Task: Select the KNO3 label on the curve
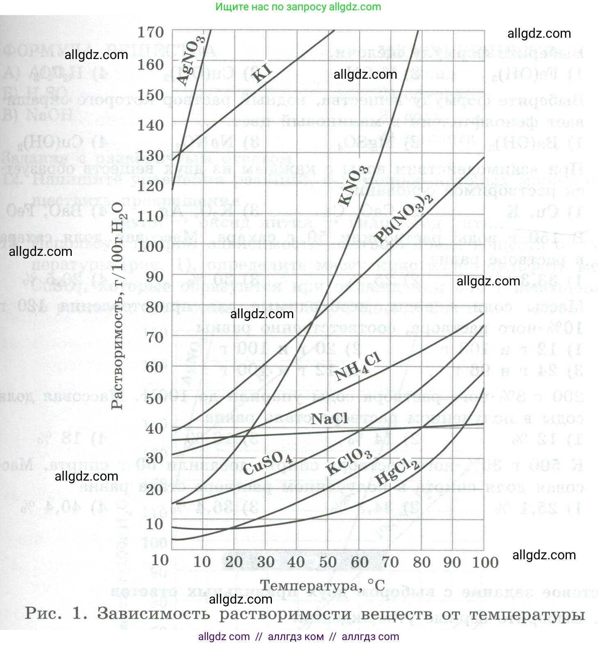coord(352,186)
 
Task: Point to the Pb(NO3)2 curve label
coord(404,219)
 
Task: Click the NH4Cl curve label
coord(357,366)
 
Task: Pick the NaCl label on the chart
coord(330,419)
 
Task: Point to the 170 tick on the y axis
coord(151,32)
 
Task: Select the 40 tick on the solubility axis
coord(155,428)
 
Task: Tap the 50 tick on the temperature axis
coord(327,562)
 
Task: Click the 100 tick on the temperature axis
coord(485,562)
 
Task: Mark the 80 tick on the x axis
coord(421,562)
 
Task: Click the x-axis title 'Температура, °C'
coord(322,585)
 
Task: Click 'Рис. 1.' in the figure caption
coord(56,613)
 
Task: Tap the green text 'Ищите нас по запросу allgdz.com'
coord(298,7)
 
